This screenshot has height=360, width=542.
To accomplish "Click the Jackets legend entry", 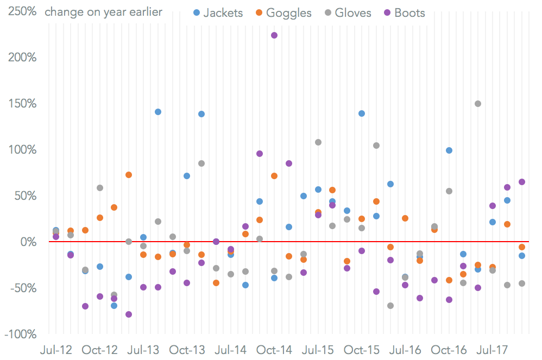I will point(217,12).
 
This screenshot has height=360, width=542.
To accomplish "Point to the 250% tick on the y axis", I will point(20,11).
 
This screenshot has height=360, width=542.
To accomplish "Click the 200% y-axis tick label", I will point(20,58).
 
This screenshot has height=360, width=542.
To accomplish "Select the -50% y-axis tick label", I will point(22,288).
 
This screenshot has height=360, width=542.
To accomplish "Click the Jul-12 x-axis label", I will point(56,350).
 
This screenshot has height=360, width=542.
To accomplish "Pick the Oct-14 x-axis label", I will point(274,350).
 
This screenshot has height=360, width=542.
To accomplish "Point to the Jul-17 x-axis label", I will point(493,350).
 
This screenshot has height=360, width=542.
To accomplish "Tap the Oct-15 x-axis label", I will point(362,350).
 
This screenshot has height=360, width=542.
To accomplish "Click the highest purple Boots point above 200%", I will point(274,35).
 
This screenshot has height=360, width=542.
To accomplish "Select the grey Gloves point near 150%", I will point(478,104).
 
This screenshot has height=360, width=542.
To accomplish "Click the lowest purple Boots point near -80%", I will point(129,314).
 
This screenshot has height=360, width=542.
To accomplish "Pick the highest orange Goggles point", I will point(129,175).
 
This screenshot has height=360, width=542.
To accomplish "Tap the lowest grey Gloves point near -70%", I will point(390,306).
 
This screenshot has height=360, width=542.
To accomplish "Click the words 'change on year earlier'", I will point(103,12).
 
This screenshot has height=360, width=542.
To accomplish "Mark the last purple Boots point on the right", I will point(522,182).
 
